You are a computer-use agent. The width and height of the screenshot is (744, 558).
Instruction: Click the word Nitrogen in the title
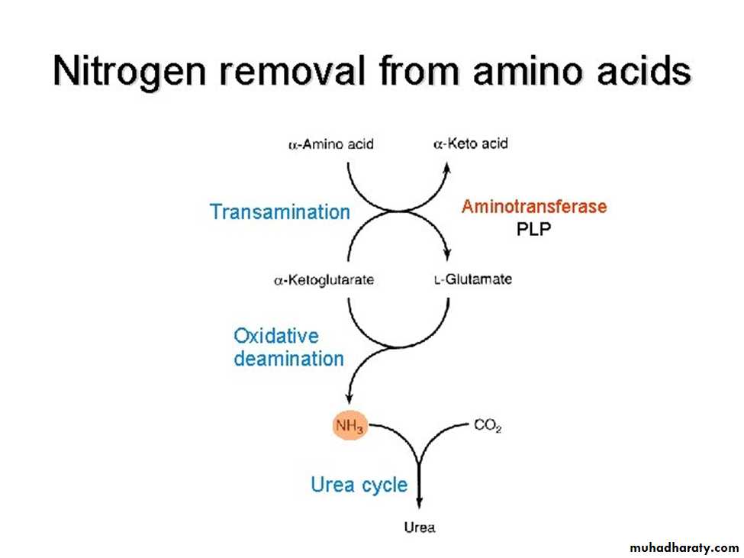point(130,72)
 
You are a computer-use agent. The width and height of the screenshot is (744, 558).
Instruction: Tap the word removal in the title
point(292,70)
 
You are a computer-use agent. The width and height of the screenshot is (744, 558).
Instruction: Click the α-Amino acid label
point(331,144)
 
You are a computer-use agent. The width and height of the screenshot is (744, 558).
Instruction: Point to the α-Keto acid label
point(471,144)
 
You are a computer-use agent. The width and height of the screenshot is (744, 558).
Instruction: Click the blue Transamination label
point(280,211)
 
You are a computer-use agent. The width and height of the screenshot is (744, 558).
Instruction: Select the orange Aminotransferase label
point(534,206)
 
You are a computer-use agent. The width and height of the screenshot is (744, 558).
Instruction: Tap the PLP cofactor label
point(534,229)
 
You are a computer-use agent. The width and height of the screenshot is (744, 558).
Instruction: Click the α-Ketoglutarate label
point(324,280)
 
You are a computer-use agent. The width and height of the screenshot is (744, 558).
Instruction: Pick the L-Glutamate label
point(473,279)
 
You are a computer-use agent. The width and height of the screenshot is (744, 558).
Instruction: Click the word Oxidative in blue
point(276,336)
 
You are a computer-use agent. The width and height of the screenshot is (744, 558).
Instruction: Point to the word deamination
point(289,359)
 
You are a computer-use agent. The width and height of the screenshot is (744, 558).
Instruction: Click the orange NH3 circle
point(350,425)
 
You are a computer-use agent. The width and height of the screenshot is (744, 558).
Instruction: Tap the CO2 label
point(488,426)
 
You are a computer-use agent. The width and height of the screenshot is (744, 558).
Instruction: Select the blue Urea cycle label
point(359,485)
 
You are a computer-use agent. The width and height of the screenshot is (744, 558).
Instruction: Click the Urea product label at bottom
point(420,527)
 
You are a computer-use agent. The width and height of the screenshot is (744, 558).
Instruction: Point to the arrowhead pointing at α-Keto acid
point(446,168)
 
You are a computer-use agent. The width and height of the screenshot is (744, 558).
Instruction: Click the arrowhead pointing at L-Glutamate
point(447,255)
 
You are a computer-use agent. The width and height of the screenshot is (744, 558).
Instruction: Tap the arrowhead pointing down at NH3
point(349,398)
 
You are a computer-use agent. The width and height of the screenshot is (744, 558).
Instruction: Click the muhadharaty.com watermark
point(684,548)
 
